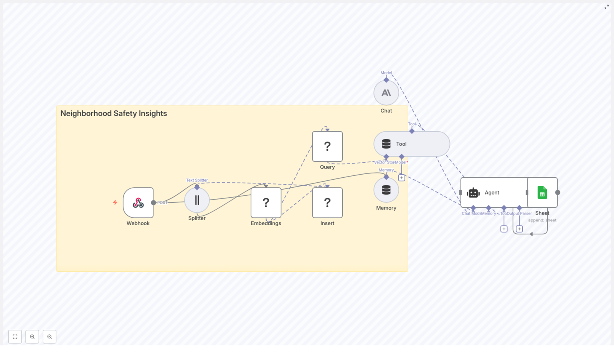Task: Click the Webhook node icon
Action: pyautogui.click(x=138, y=203)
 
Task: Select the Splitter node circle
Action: pyautogui.click(x=197, y=200)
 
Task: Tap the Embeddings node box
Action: pyautogui.click(x=266, y=203)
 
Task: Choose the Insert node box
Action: pyautogui.click(x=327, y=203)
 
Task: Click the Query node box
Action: pyautogui.click(x=327, y=146)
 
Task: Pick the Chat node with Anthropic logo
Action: pyautogui.click(x=386, y=93)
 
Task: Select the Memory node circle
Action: pyautogui.click(x=386, y=190)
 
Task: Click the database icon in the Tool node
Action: pyautogui.click(x=386, y=144)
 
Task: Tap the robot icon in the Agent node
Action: pyautogui.click(x=473, y=193)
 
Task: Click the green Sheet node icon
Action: pyautogui.click(x=542, y=193)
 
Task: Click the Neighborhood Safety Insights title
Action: pyautogui.click(x=114, y=114)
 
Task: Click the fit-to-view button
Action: pyautogui.click(x=15, y=337)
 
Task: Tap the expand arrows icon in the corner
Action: pyautogui.click(x=607, y=7)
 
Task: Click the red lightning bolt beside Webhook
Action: pyautogui.click(x=115, y=202)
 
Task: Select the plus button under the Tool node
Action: pyautogui.click(x=401, y=178)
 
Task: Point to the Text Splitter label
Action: pyautogui.click(x=197, y=180)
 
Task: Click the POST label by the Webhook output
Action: pyautogui.click(x=162, y=203)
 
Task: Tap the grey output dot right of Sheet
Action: pyautogui.click(x=558, y=193)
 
